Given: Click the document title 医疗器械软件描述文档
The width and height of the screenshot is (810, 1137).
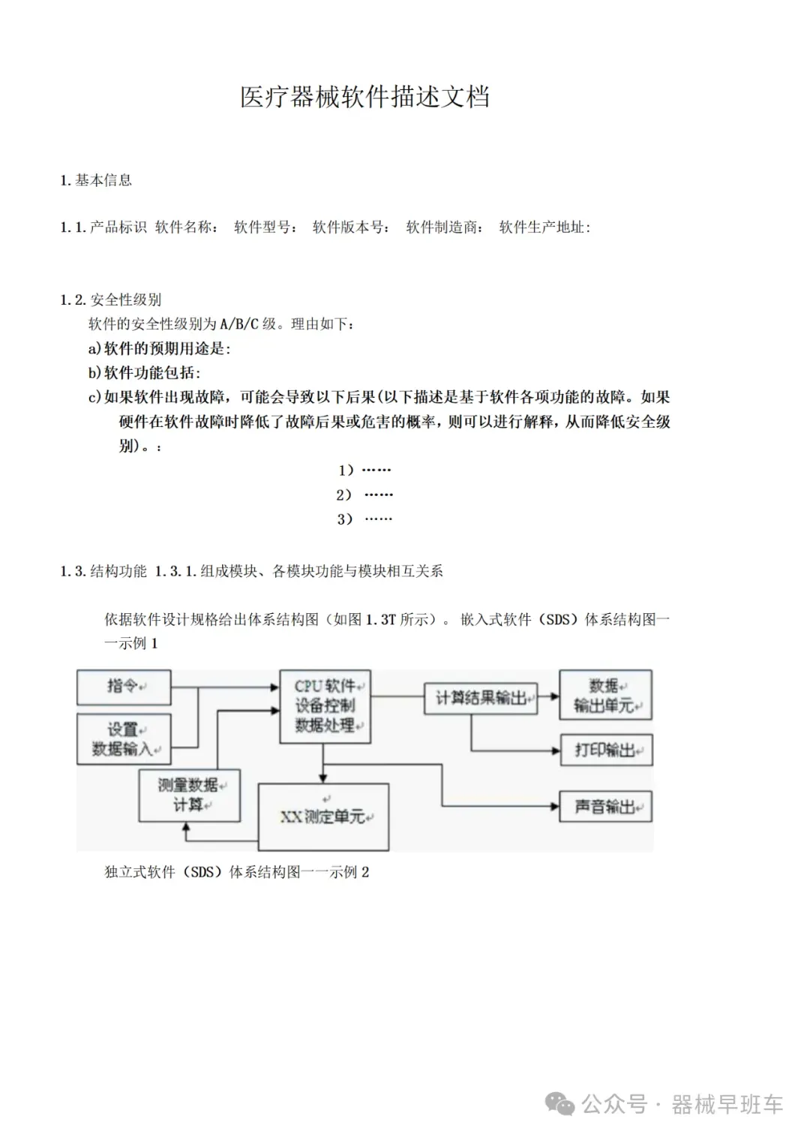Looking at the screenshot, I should click(x=364, y=98).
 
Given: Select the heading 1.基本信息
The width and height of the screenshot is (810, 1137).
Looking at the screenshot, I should click(x=96, y=180).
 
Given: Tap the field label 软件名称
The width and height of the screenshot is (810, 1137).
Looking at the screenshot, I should click(x=186, y=227).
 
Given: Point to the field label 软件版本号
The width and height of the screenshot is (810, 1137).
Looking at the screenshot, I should click(x=350, y=227).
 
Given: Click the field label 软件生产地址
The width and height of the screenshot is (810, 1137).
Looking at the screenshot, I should click(x=544, y=227).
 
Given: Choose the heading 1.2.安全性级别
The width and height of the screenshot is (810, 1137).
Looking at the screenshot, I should click(x=111, y=300).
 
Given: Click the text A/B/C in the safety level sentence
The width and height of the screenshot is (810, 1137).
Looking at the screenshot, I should click(x=238, y=324).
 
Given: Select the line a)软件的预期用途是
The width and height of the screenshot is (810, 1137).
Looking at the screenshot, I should click(x=160, y=348).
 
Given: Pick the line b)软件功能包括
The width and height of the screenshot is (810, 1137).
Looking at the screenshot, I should click(x=145, y=373).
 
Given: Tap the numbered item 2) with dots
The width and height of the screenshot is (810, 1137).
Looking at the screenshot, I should click(x=364, y=495).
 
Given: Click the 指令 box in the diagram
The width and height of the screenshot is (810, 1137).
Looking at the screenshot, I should click(x=124, y=687).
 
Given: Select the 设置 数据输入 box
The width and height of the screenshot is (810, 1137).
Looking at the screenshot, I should click(x=124, y=739).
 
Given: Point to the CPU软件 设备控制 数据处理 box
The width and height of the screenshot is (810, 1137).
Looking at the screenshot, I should click(x=325, y=706).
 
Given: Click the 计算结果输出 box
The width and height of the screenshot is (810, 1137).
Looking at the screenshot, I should click(x=481, y=698).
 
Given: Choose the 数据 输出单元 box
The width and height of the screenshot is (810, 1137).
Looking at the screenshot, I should click(x=605, y=696).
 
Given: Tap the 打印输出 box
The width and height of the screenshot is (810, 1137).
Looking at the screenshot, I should click(x=606, y=750).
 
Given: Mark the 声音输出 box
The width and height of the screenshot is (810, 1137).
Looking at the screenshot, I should click(x=606, y=807).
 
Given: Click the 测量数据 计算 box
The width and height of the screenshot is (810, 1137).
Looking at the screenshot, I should click(x=189, y=795).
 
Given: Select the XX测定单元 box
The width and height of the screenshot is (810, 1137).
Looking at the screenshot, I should click(x=323, y=817).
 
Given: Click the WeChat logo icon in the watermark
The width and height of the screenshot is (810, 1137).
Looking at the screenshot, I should click(x=559, y=1104).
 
